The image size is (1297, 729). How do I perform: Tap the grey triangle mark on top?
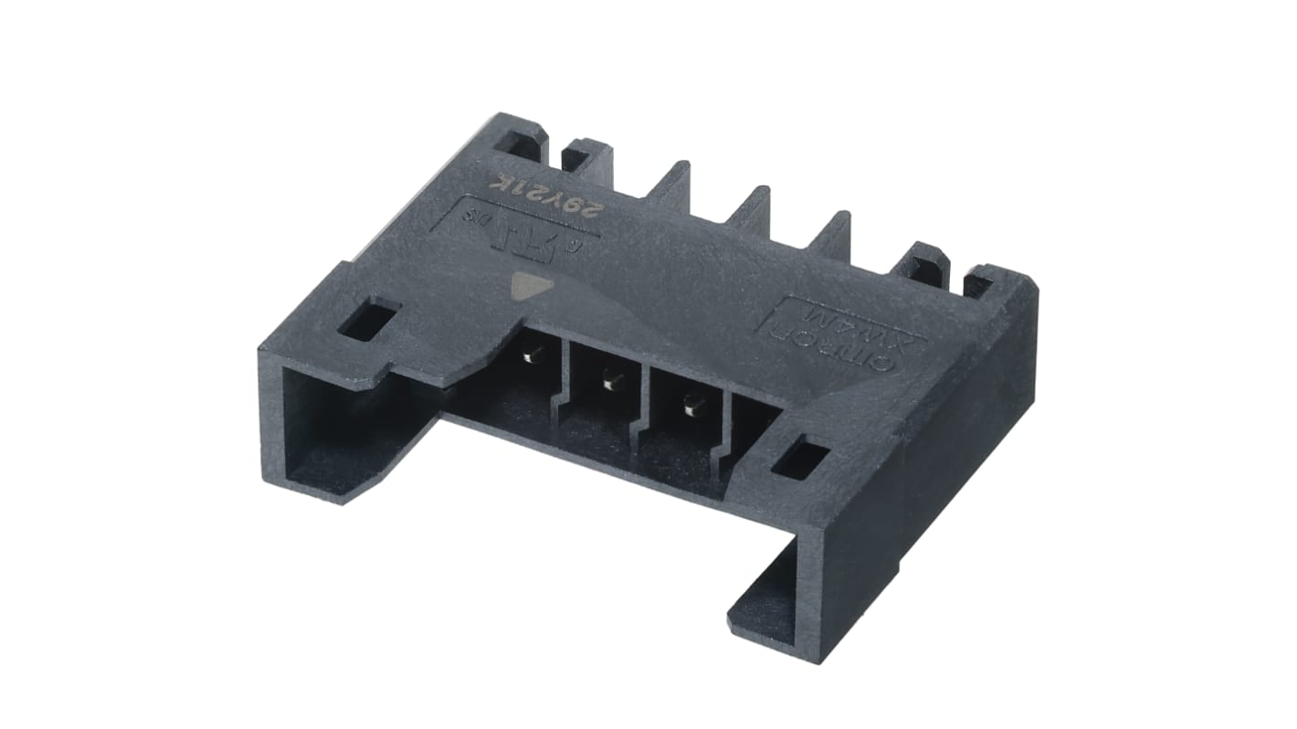pos(525,285)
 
